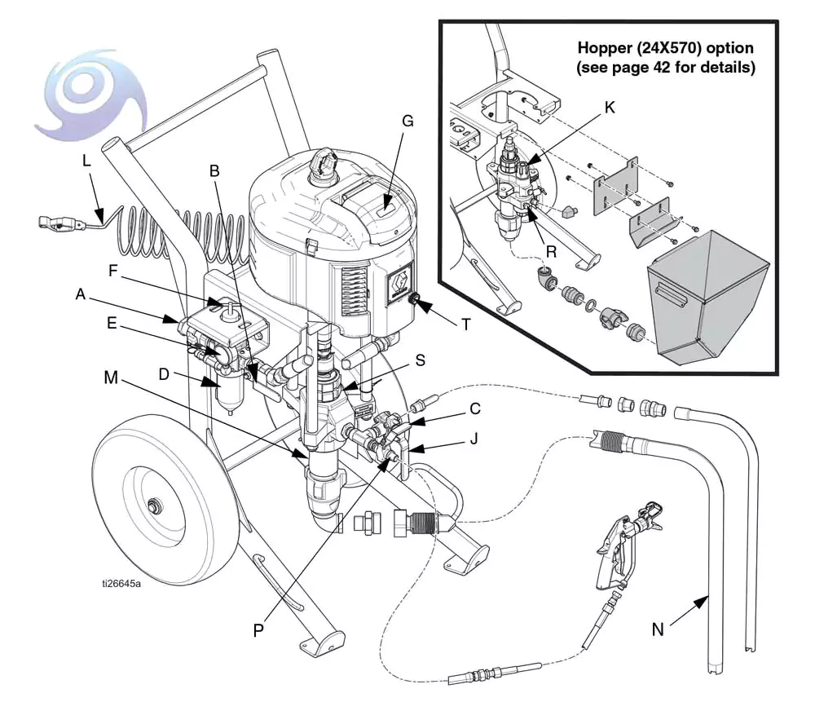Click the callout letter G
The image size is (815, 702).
click(x=407, y=121)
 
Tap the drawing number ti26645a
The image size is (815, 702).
click(x=121, y=583)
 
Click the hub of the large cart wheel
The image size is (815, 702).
click(x=152, y=507)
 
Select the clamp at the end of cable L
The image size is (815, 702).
click(x=56, y=222)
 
